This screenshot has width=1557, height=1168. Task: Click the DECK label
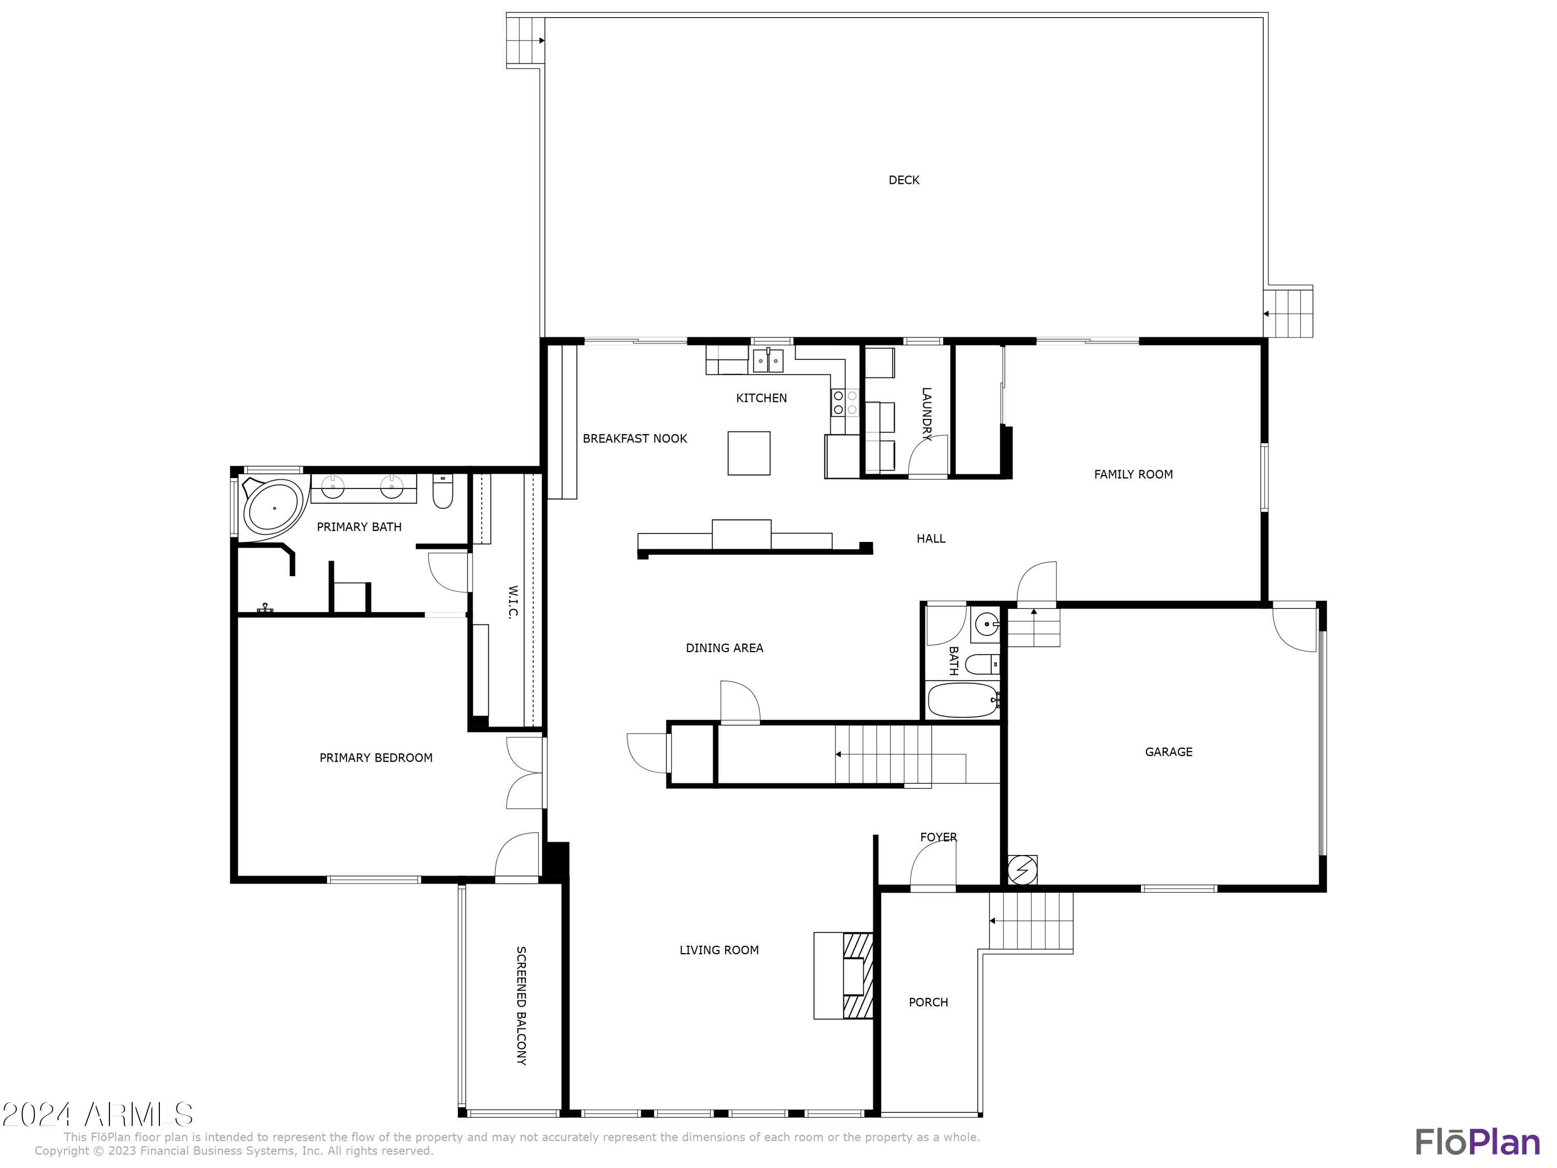(x=904, y=180)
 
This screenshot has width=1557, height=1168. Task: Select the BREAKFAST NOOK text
(x=634, y=439)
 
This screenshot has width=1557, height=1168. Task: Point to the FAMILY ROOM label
(x=1132, y=474)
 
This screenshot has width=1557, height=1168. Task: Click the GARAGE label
(x=1168, y=752)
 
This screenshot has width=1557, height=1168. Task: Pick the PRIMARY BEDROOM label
(x=376, y=757)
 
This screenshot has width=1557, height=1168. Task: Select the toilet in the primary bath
(x=442, y=492)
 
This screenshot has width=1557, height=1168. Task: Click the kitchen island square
(x=748, y=453)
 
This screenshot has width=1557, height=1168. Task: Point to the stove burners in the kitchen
(x=844, y=402)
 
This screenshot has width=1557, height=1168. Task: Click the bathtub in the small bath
(x=962, y=700)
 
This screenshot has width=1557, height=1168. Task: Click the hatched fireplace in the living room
(x=857, y=975)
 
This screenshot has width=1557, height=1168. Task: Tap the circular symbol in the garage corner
(x=1022, y=870)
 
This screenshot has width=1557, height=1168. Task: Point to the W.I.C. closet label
(x=513, y=602)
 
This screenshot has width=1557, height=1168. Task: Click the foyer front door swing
(x=933, y=865)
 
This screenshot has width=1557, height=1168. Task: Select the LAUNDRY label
(x=926, y=414)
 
